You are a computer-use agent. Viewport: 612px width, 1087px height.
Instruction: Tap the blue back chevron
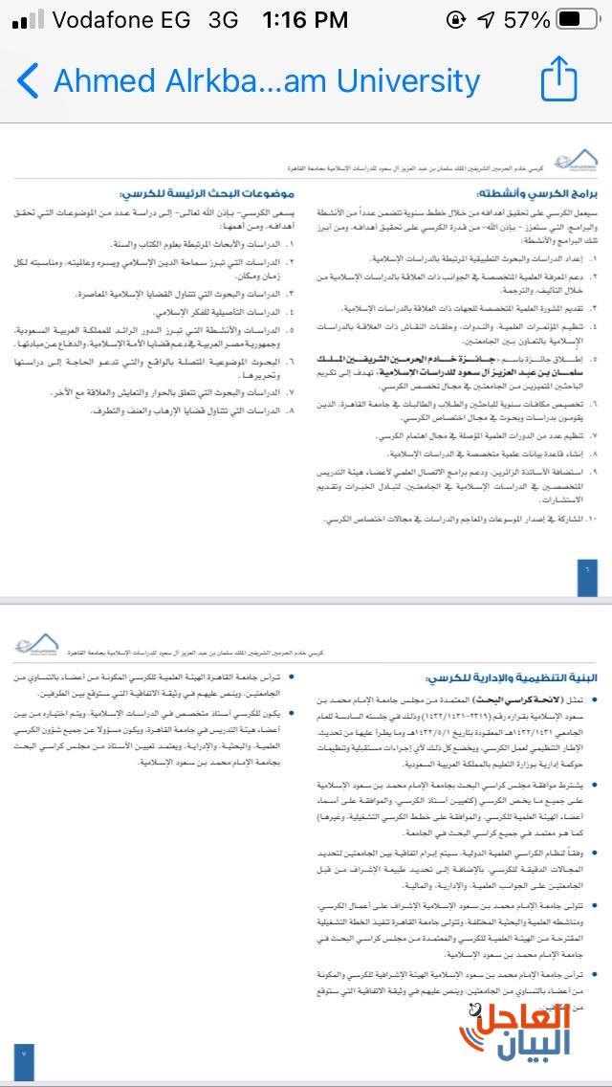click(x=28, y=80)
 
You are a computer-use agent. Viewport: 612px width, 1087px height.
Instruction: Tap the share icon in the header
click(x=559, y=78)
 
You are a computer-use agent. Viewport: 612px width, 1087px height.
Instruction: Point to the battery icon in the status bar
click(x=573, y=18)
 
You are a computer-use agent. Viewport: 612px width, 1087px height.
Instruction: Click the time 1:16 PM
click(x=305, y=18)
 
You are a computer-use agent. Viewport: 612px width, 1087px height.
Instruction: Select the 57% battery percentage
click(x=527, y=18)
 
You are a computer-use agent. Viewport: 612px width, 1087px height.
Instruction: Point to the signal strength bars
click(x=29, y=18)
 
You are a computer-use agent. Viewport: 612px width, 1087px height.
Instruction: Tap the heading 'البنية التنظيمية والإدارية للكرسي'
click(x=514, y=677)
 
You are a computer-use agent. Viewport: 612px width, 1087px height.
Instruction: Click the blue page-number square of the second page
click(x=25, y=1054)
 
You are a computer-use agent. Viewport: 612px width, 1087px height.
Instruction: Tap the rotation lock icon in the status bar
click(x=456, y=18)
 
